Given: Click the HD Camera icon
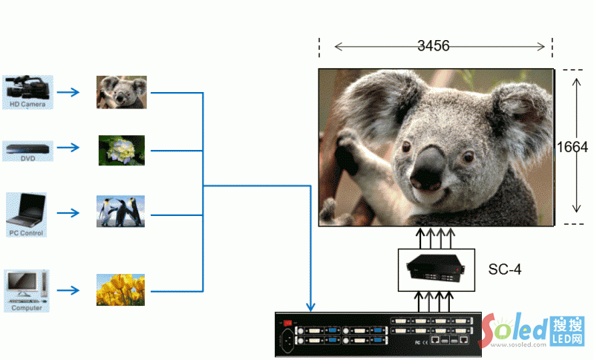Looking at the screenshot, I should click(x=27, y=88).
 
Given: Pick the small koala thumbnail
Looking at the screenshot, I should click(x=122, y=92).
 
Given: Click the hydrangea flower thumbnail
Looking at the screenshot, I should click(x=122, y=150).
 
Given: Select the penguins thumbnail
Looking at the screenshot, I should click(x=120, y=212).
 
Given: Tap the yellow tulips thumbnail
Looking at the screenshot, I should click(x=120, y=289).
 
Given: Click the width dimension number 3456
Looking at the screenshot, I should click(x=433, y=47).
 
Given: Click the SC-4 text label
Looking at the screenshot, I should click(x=505, y=269).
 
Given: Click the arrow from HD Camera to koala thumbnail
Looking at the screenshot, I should click(x=69, y=93).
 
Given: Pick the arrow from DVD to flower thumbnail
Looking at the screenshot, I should click(x=69, y=148).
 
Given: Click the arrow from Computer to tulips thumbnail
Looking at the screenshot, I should click(x=69, y=289).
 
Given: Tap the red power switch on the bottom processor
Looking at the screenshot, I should click(x=289, y=322).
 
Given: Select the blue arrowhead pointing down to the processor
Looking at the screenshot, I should click(x=310, y=307).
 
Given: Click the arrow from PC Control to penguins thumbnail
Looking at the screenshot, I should click(x=69, y=213).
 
